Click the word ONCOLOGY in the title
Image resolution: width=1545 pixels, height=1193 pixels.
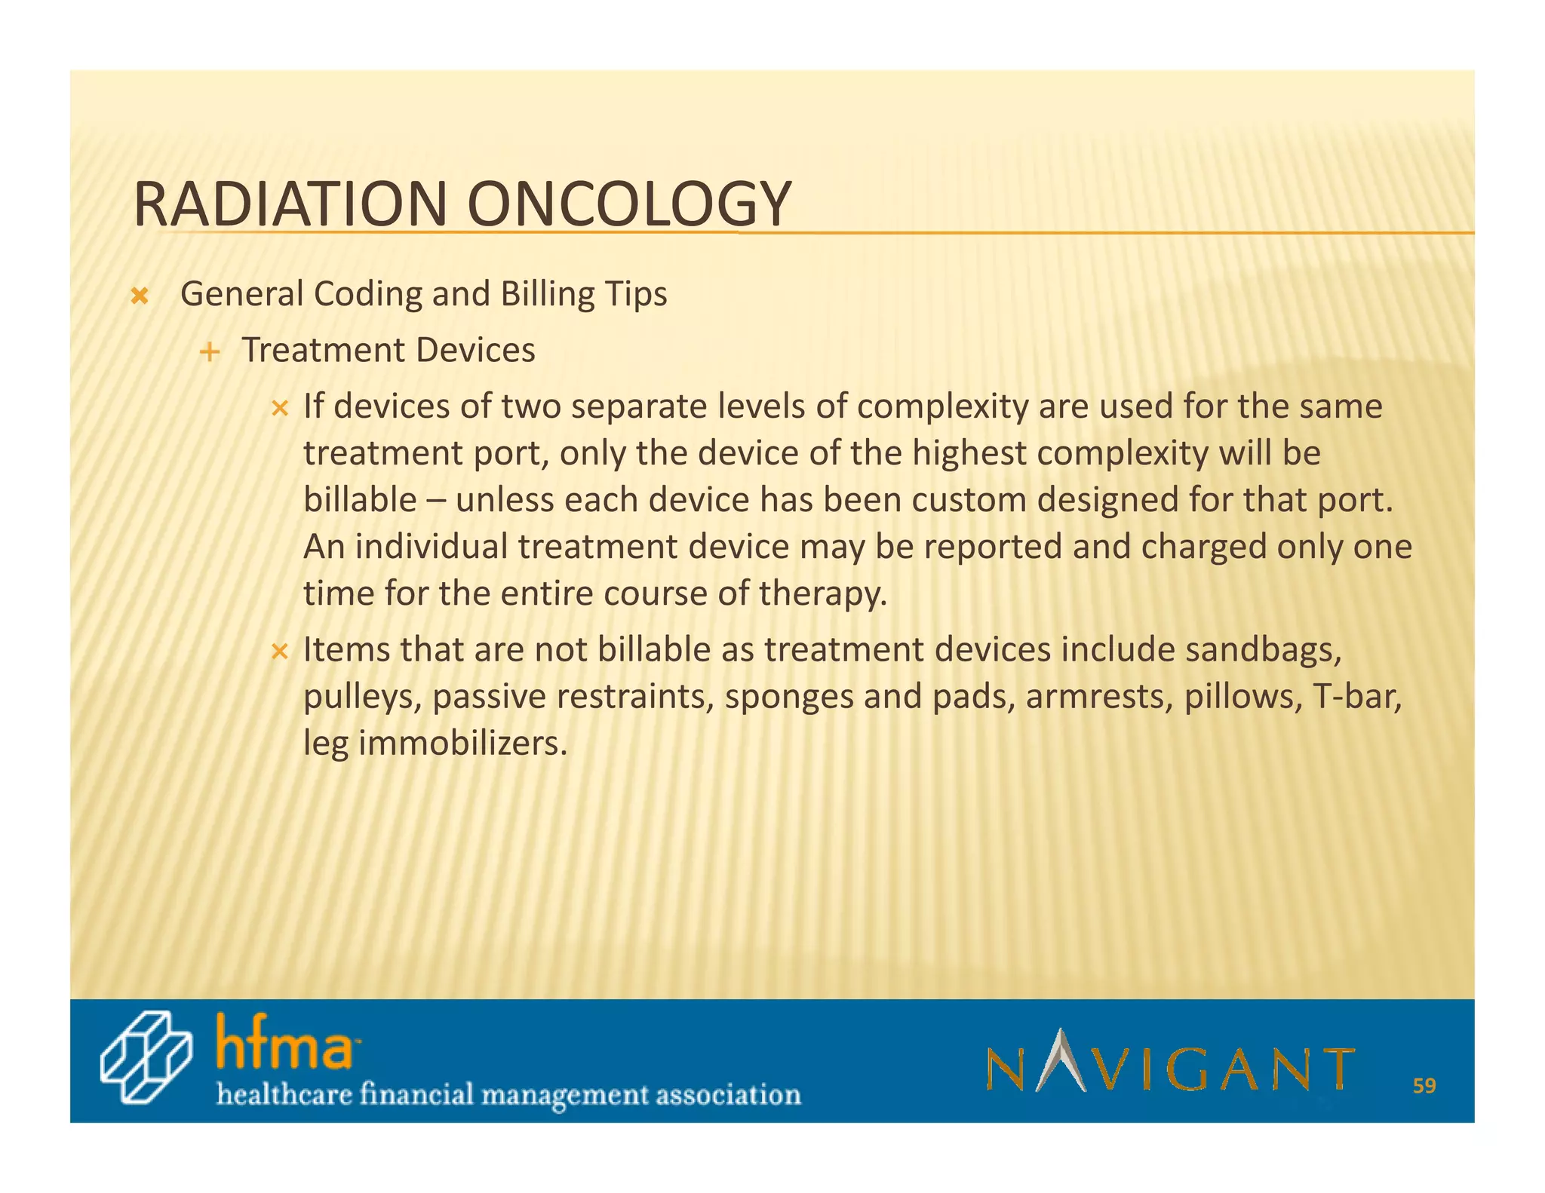[x=628, y=205]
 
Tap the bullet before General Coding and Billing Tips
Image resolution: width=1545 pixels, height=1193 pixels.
[x=139, y=296]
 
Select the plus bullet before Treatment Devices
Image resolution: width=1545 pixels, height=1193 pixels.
[x=210, y=352]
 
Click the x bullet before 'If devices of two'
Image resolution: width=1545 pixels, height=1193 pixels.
[x=280, y=409]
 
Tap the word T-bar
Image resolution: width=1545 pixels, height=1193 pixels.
[x=1356, y=697]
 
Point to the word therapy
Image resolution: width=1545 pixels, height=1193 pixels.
[x=822, y=594]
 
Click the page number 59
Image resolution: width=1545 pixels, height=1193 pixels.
[x=1424, y=1086]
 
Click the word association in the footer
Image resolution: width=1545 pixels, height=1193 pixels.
[x=727, y=1094]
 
